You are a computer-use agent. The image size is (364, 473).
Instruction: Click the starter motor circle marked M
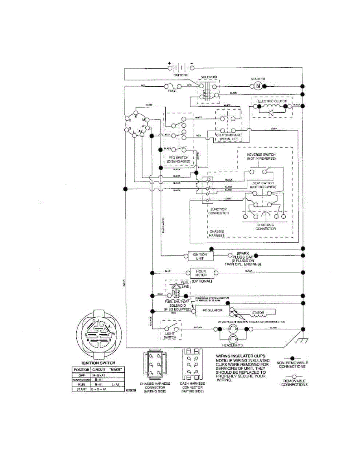(x=258, y=86)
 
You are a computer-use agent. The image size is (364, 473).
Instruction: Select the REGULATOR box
(x=212, y=310)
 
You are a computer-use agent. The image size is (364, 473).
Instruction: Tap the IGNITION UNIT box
(x=203, y=256)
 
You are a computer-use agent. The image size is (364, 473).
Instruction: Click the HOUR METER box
(x=201, y=273)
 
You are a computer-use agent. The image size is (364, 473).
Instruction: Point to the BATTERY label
(x=181, y=75)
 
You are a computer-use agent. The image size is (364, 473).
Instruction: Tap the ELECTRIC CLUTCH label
(x=272, y=101)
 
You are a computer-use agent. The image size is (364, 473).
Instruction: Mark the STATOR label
(x=258, y=313)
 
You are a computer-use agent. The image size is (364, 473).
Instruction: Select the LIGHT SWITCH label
(x=170, y=335)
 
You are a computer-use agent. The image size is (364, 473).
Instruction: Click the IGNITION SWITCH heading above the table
(x=98, y=363)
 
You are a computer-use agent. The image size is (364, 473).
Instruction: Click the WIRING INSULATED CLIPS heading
(x=240, y=356)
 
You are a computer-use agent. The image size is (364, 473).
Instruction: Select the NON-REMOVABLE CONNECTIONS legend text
(x=292, y=364)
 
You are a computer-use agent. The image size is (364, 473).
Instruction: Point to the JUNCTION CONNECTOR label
(x=219, y=211)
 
